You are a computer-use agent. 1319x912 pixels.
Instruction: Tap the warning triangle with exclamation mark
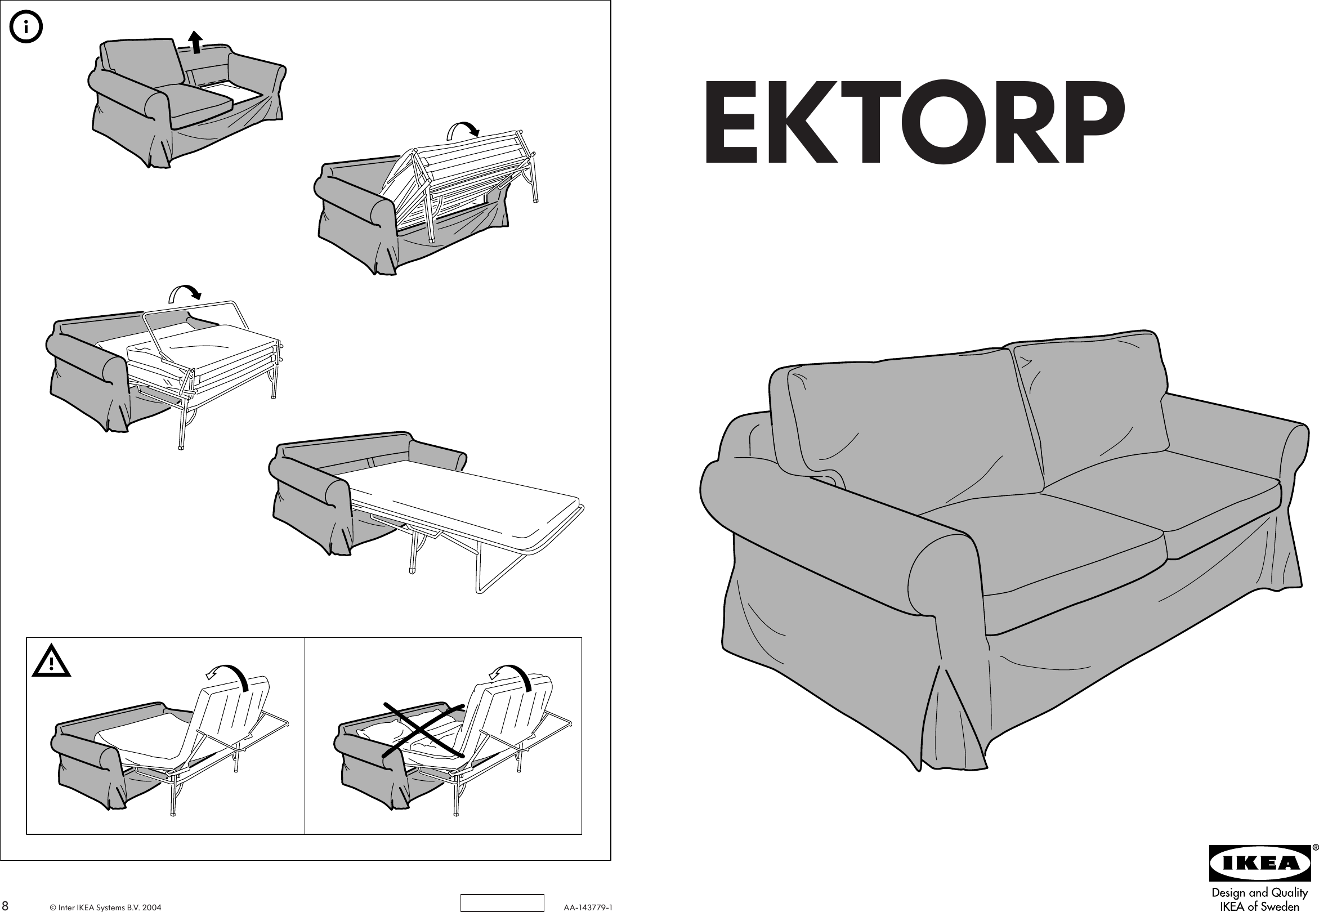point(51,661)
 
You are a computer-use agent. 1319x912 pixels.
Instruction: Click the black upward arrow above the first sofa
point(195,42)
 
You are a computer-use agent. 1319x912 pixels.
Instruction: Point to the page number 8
point(5,906)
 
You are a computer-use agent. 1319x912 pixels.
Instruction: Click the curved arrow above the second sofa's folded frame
point(462,129)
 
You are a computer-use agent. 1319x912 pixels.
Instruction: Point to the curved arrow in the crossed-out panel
point(512,676)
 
